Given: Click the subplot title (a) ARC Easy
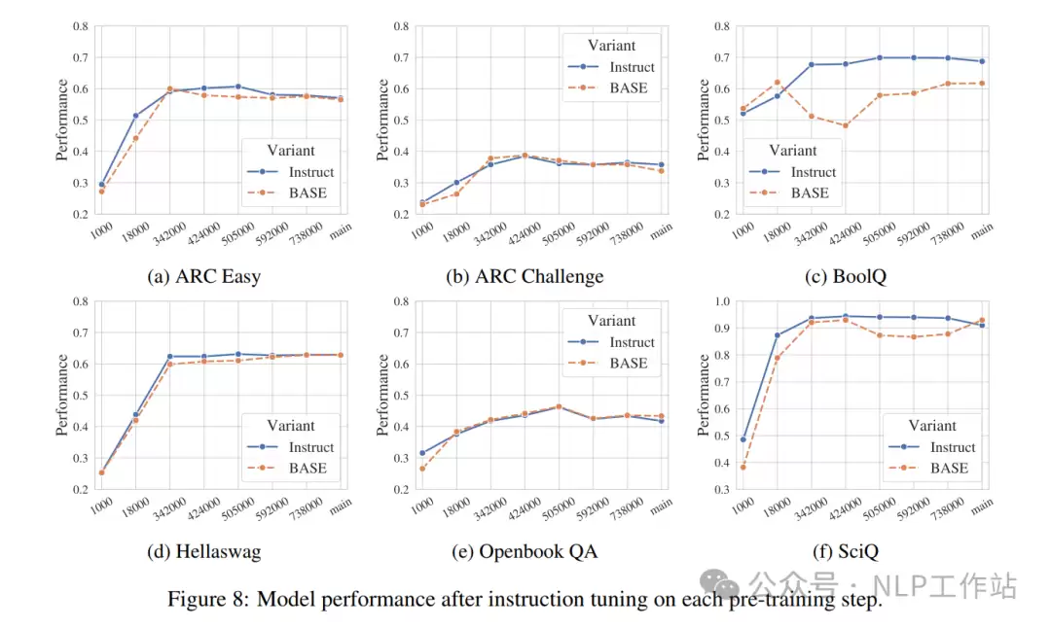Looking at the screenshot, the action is click(x=203, y=276).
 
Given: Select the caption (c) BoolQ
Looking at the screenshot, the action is click(x=846, y=276).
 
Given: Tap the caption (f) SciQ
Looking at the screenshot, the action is click(x=846, y=551).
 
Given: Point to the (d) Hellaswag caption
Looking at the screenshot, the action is click(x=203, y=551).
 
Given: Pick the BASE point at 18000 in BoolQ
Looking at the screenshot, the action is click(x=778, y=83).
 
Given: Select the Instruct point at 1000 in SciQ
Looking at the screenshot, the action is click(x=743, y=439).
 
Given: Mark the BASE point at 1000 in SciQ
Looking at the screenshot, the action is click(x=743, y=468).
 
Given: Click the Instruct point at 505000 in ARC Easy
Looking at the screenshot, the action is click(x=238, y=87).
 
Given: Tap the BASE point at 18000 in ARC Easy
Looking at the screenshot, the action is click(x=135, y=139).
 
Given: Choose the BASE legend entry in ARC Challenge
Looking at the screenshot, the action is click(x=608, y=87).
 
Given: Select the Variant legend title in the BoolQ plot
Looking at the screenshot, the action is click(x=792, y=150).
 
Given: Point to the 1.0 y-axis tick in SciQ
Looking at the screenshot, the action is click(x=722, y=301).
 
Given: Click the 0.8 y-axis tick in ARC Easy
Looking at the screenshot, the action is click(x=81, y=27).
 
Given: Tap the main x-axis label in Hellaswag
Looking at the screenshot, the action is click(x=341, y=506).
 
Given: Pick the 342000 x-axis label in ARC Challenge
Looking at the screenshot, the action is click(x=489, y=234).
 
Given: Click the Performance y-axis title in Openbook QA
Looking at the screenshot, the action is click(x=382, y=395).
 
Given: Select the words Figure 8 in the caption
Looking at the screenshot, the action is click(x=207, y=599).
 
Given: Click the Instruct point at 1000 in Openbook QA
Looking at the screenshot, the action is click(x=422, y=453).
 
